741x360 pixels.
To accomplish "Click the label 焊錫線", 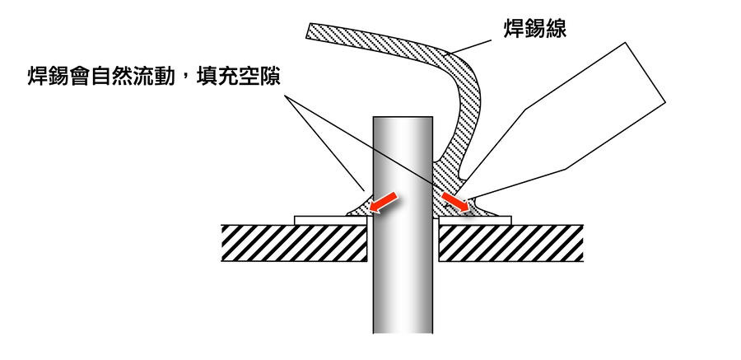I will [x=536, y=30].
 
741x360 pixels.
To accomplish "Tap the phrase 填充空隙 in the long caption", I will [x=237, y=78].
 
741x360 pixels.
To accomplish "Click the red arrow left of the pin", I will [x=384, y=203].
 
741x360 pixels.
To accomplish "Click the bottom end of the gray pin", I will [x=403, y=330].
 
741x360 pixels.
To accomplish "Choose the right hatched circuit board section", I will [x=510, y=243].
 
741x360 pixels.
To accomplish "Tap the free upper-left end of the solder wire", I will [x=310, y=31].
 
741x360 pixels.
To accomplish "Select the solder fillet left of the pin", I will [x=360, y=208].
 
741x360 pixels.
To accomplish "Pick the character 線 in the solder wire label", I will [x=557, y=30].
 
